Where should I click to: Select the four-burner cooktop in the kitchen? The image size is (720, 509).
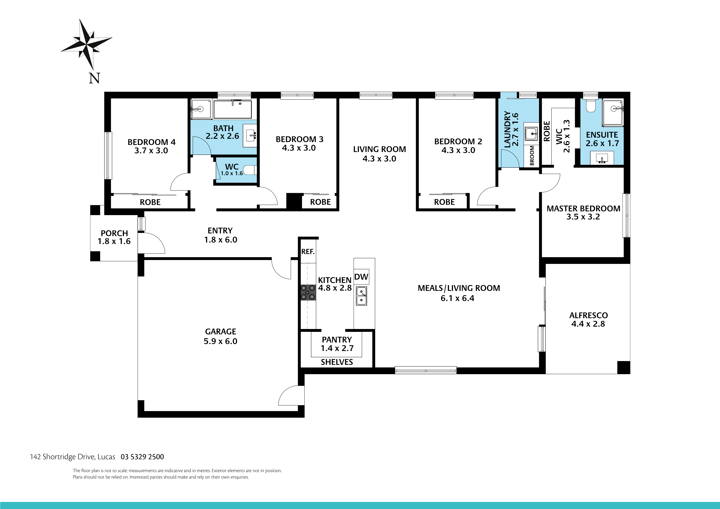coord(308,292)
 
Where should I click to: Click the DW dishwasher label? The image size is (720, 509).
coord(361,277)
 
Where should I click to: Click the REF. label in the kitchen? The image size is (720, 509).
coord(308,251)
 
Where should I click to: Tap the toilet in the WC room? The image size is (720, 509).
coord(251,170)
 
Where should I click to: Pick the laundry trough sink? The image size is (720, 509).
coord(531,133)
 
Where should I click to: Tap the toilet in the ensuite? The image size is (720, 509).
coord(591,106)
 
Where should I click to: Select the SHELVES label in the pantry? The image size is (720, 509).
coord(337,362)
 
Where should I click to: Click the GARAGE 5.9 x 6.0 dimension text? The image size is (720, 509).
coord(220,341)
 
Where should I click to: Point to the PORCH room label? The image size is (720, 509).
coord(114,233)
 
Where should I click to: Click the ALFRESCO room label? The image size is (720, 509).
coord(588,315)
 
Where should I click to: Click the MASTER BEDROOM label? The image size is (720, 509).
coord(583,209)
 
